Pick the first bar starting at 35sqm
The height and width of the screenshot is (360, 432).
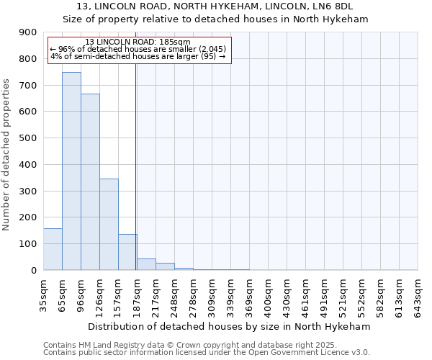[53, 249]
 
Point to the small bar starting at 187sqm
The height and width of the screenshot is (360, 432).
[146, 264]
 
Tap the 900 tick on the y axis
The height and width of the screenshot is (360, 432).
[27, 32]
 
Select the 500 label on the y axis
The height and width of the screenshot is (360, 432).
[27, 138]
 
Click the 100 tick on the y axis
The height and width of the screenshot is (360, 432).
[27, 244]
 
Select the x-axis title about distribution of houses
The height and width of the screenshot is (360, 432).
[230, 327]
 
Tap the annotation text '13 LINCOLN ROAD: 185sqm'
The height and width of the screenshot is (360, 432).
[137, 42]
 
